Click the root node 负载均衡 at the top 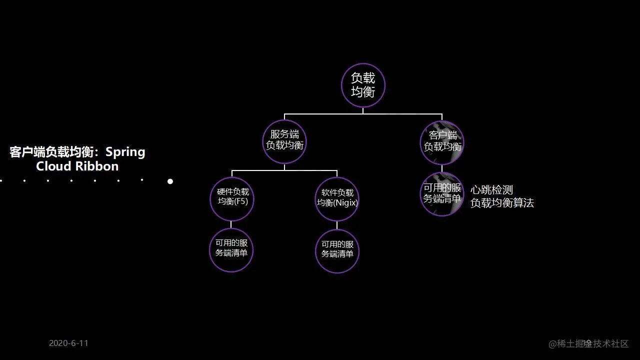363,85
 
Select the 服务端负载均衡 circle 284,141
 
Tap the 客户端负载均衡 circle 442,142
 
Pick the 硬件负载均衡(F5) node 231,198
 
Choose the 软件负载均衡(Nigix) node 337,199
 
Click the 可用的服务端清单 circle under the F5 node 231,250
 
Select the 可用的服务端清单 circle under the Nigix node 337,251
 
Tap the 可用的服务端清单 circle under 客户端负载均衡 442,194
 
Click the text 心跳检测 491,190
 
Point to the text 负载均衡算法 502,203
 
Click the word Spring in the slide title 125,152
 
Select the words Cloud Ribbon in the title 77,166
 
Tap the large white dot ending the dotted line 170,181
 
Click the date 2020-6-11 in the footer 68,343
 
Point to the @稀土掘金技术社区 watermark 588,343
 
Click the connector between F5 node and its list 231,224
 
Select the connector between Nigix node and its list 337,225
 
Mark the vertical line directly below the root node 363,110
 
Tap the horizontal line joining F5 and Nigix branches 284,170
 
